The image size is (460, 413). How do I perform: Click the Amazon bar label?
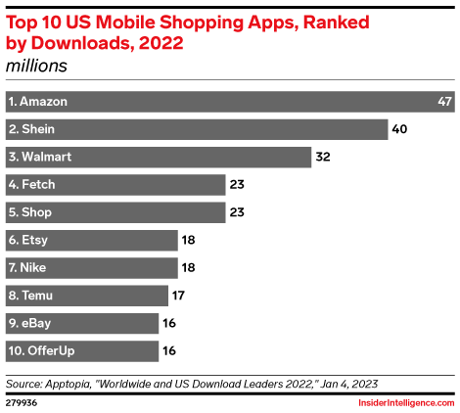pyautogui.click(x=37, y=101)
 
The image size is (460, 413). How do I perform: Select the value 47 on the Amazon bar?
pyautogui.click(x=444, y=101)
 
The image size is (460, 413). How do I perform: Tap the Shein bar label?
pyautogui.click(x=31, y=129)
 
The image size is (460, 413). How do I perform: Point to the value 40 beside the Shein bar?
pyautogui.click(x=398, y=129)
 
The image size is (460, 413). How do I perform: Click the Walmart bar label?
pyautogui.click(x=39, y=157)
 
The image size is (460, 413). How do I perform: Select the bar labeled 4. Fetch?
pyautogui.click(x=115, y=184)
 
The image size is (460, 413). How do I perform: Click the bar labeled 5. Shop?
pyautogui.click(x=115, y=212)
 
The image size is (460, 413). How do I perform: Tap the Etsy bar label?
pyautogui.click(x=28, y=240)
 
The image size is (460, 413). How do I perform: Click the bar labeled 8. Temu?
pyautogui.click(x=86, y=296)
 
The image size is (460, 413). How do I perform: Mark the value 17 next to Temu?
pyautogui.click(x=180, y=296)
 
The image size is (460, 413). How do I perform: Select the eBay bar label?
pyautogui.click(x=30, y=323)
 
